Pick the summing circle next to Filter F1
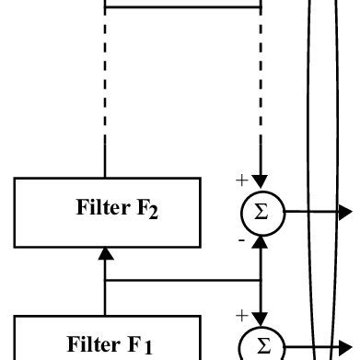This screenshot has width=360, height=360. click(x=261, y=346)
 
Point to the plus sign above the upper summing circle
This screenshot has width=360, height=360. click(x=242, y=181)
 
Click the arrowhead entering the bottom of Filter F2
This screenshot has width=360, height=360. click(x=106, y=253)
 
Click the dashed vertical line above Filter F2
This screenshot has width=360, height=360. click(x=106, y=92)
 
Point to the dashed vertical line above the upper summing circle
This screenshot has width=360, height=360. click(x=262, y=92)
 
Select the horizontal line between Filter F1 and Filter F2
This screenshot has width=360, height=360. click(x=184, y=280)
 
